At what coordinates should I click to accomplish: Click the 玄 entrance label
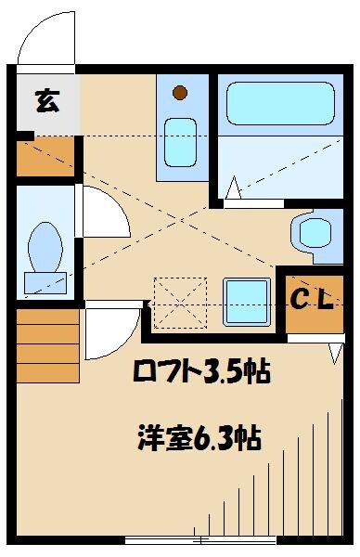click(x=45, y=101)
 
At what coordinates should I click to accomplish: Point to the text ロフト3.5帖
click(x=199, y=372)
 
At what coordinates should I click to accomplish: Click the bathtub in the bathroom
click(x=279, y=109)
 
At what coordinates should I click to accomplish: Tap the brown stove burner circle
click(x=180, y=92)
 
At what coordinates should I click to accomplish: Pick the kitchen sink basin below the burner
click(x=180, y=143)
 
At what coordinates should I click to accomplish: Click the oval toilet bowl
click(x=44, y=246)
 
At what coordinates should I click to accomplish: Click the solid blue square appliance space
click(x=247, y=300)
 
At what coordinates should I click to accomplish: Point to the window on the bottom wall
click(x=200, y=540)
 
